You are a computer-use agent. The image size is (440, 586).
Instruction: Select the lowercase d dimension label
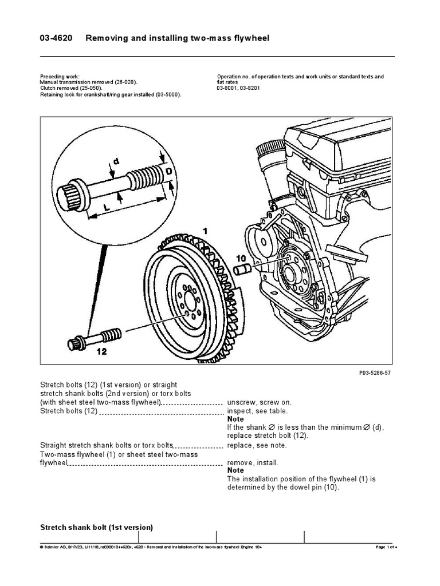(116, 161)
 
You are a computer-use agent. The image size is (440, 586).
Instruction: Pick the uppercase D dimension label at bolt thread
(169, 171)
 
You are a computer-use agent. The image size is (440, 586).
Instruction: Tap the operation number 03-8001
(228, 89)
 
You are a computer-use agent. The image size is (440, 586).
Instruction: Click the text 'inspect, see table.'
(257, 411)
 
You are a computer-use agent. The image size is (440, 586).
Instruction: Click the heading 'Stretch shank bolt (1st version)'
(96, 527)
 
